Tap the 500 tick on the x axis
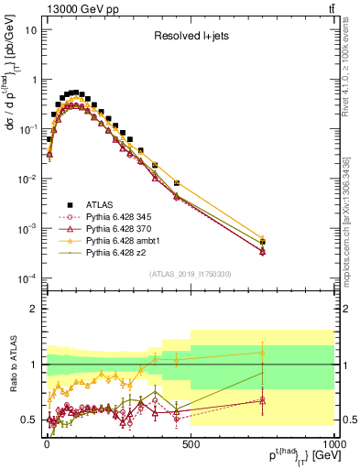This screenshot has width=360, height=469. click(x=191, y=444)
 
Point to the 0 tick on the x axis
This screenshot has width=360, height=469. click(x=47, y=444)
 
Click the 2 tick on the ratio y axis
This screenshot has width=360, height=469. click(x=34, y=309)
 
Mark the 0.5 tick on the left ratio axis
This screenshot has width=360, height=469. click(x=30, y=420)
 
